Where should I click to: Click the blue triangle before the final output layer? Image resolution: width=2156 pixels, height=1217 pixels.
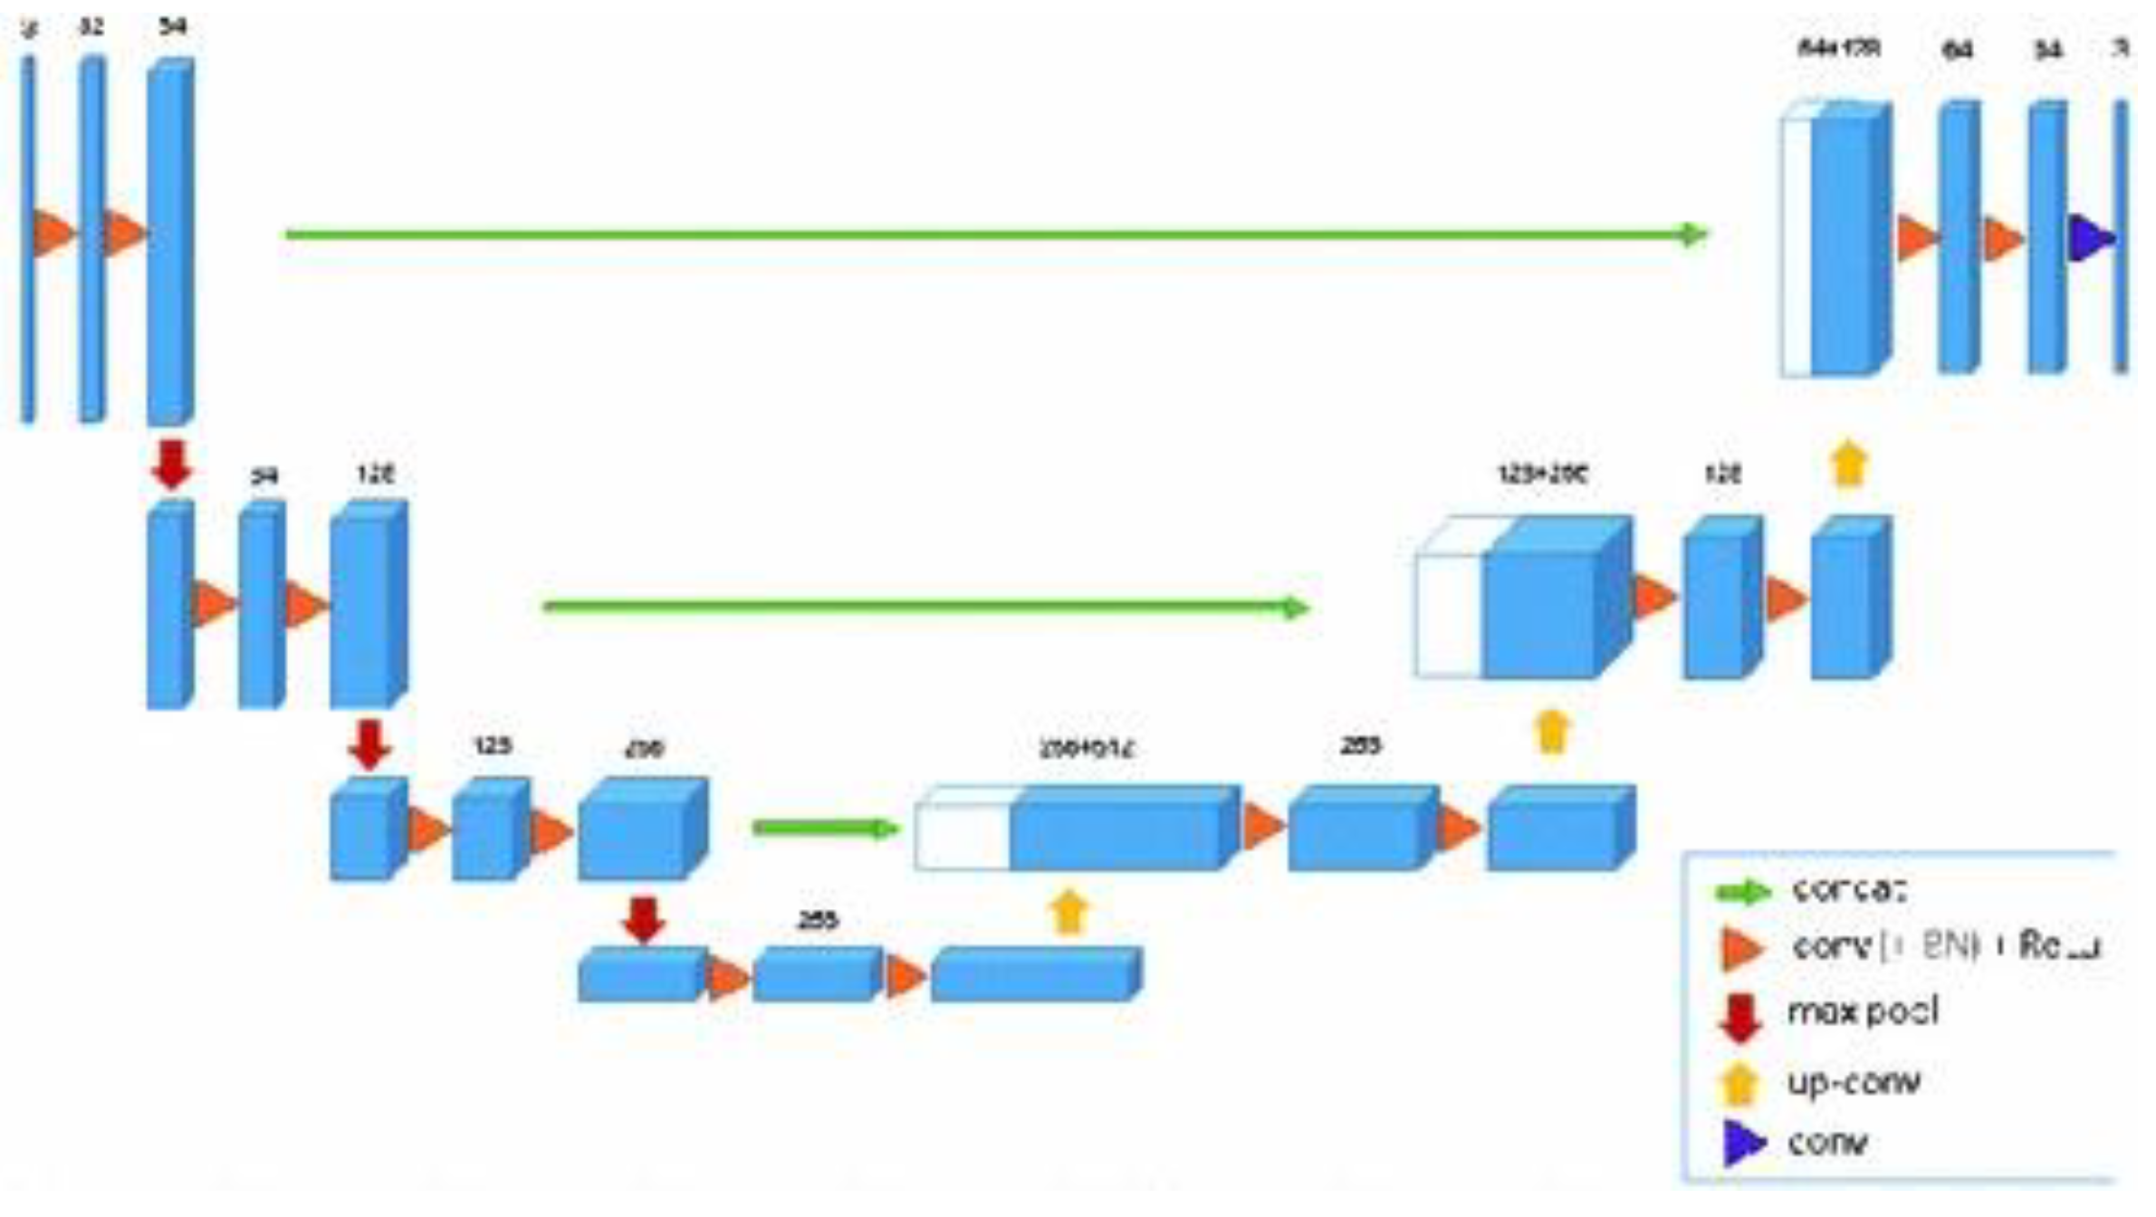pos(2088,238)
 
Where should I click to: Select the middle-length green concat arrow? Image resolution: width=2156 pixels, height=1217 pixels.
pos(924,606)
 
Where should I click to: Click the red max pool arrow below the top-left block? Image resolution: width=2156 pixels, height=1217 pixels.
pos(171,465)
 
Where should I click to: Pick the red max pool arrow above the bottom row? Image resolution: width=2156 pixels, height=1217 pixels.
pos(644,919)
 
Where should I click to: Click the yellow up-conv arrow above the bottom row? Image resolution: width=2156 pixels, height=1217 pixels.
pos(1068,911)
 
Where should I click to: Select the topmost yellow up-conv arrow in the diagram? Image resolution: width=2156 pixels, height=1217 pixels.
pos(1848,464)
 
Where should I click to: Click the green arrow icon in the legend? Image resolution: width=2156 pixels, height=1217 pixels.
pos(1741,892)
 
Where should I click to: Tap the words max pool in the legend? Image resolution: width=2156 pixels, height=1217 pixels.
pos(1862,1011)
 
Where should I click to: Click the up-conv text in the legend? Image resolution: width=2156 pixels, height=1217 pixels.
pos(1853,1081)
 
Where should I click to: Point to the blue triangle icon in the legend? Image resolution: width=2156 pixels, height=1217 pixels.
pos(1743,1143)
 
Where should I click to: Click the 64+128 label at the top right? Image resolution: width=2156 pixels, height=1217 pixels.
pos(1838,48)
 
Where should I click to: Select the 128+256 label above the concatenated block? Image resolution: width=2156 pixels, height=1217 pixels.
pos(1542,474)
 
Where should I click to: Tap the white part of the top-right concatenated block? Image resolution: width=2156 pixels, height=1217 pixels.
pos(1797,244)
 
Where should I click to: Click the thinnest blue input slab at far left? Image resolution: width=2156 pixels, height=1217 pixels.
pos(28,240)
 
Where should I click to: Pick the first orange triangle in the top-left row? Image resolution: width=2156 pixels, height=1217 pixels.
pos(53,232)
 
